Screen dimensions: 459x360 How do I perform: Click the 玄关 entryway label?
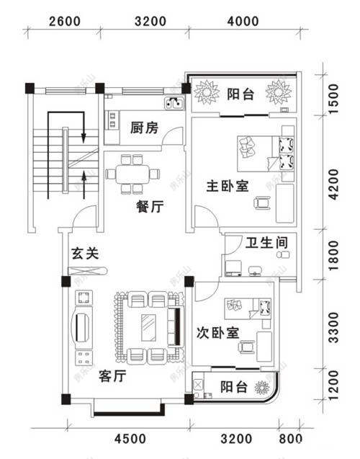click(x=85, y=254)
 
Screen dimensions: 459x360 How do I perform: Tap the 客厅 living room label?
click(x=113, y=376)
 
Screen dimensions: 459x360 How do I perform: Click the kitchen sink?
click(x=174, y=103)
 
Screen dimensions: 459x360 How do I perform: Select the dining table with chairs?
click(x=132, y=174)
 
